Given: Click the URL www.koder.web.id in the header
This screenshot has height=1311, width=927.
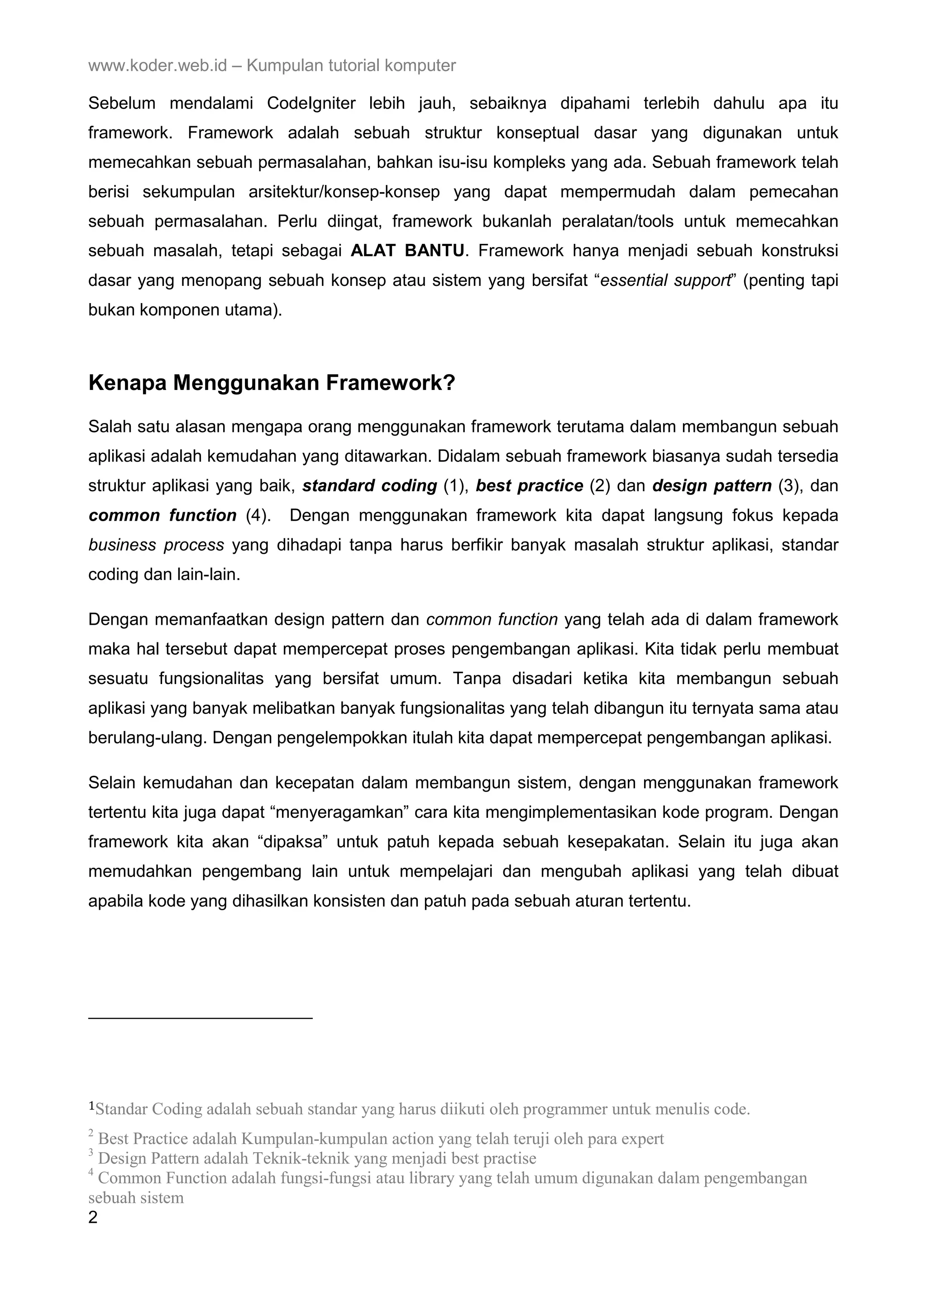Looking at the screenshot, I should [x=158, y=66].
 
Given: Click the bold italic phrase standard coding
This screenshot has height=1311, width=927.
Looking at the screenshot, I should [x=369, y=486].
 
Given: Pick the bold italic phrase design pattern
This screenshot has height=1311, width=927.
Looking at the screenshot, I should [x=712, y=486].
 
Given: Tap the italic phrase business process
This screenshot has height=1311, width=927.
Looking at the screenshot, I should [x=156, y=545].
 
